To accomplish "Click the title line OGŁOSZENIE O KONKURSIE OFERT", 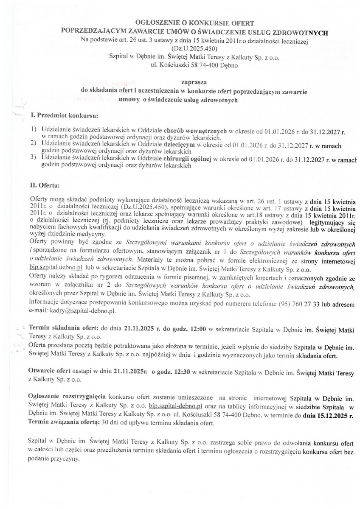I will pos(194,23).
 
